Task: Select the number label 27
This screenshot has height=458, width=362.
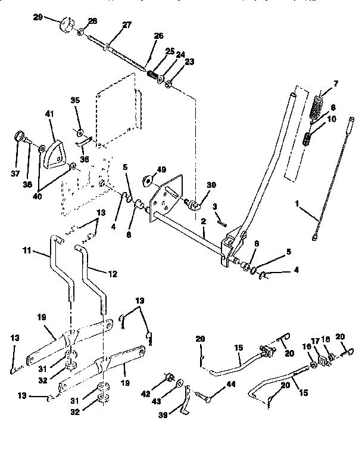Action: click(126, 24)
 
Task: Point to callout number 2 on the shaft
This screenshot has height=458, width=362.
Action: click(202, 221)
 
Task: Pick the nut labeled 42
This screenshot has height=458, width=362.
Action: click(168, 378)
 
